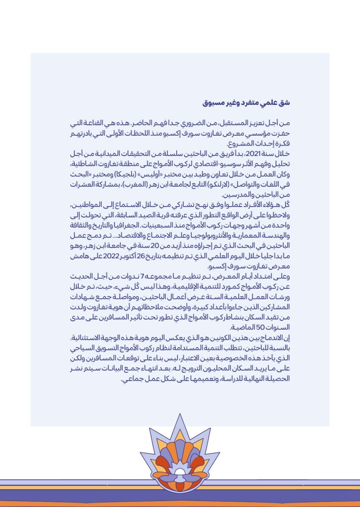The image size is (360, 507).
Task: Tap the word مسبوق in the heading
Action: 213,103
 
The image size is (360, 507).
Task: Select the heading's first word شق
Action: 284,103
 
